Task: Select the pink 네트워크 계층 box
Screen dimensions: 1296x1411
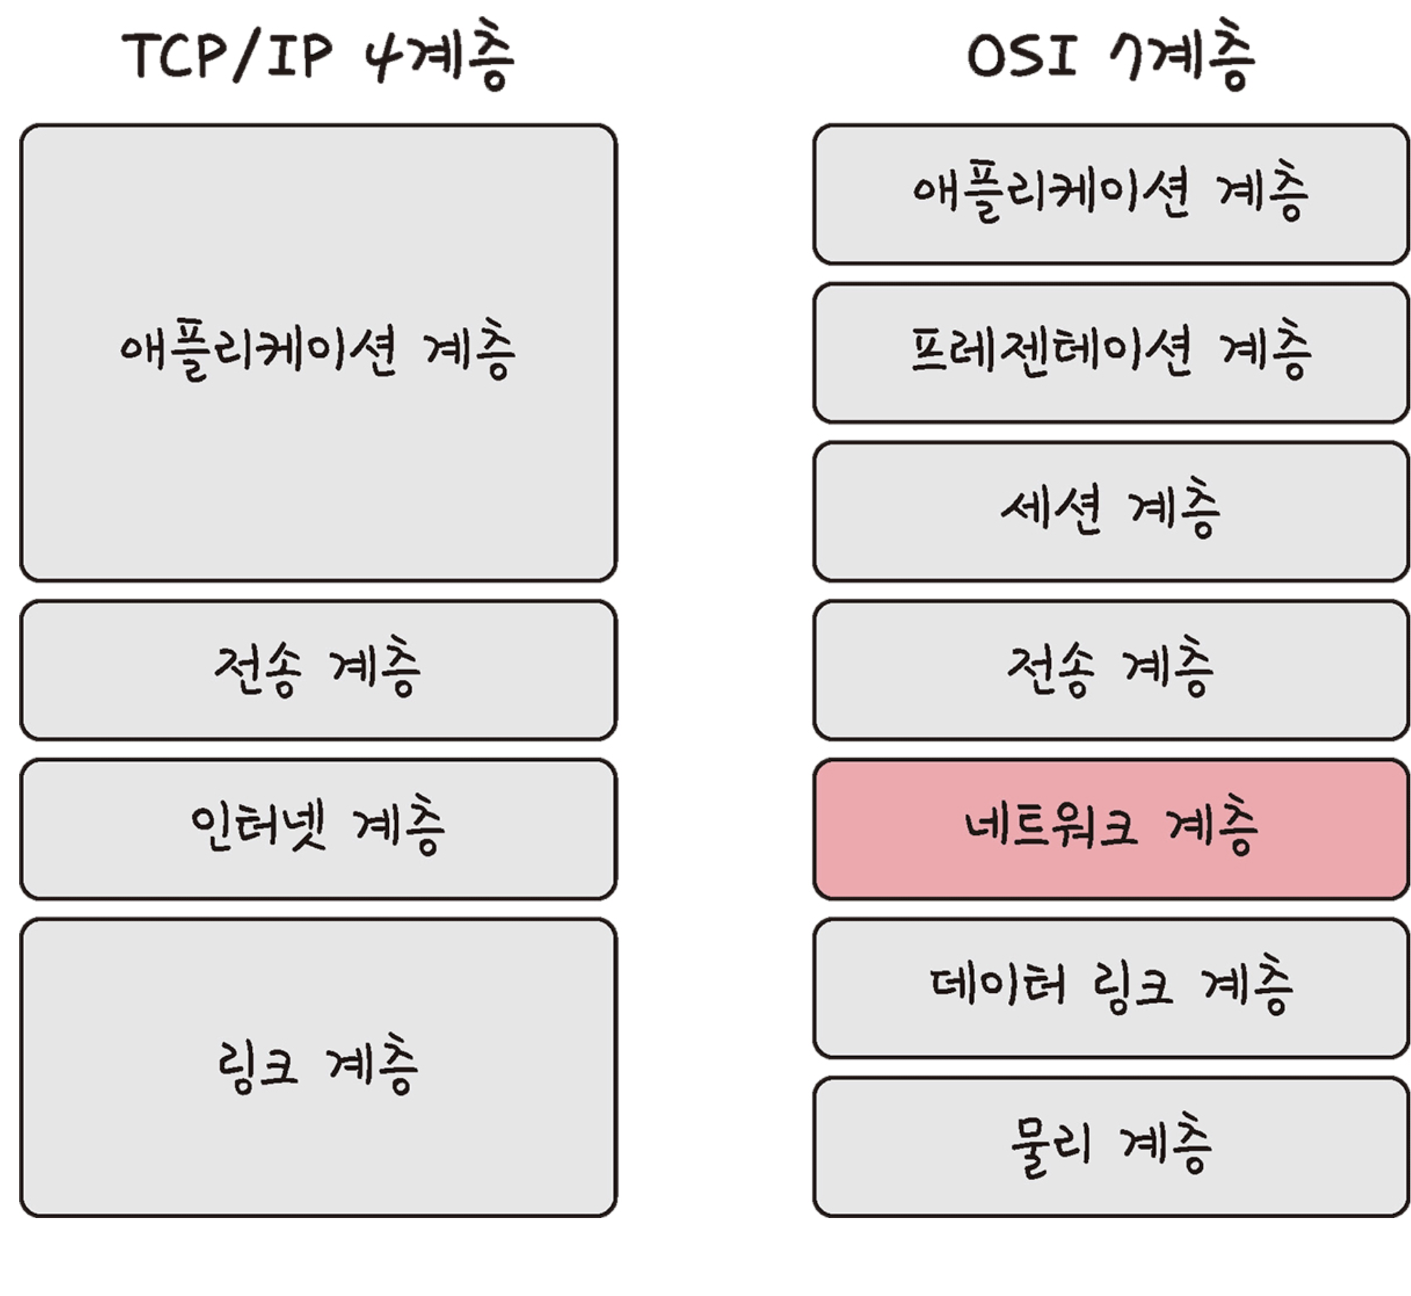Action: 1111,829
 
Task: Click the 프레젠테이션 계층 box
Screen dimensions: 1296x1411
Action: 1111,353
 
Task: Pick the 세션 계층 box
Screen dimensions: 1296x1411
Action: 1111,511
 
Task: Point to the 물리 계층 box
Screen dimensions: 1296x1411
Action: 1111,1147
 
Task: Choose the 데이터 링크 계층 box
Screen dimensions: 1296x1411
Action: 1111,988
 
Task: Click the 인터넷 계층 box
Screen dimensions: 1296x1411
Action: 318,829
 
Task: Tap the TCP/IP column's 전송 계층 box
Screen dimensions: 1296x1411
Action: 318,670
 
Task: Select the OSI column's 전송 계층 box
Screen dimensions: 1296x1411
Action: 1111,670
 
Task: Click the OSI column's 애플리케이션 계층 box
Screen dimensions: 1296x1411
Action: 1111,194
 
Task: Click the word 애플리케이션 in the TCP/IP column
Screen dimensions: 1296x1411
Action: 258,351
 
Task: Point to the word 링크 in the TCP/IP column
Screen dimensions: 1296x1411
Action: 257,1066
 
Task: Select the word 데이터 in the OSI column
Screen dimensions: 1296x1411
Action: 998,986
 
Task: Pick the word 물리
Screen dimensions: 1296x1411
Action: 1051,1145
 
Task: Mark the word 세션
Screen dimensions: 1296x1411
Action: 1051,510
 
